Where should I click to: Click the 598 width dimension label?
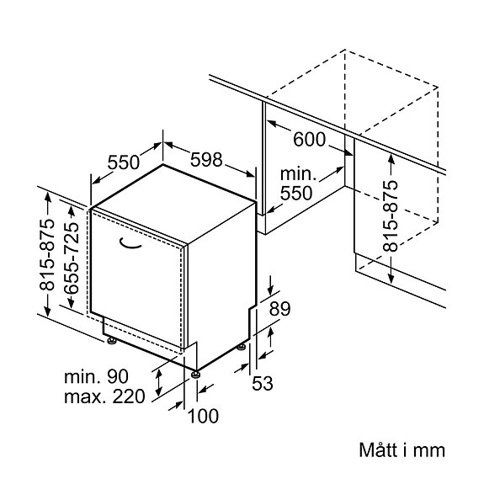tap(206, 160)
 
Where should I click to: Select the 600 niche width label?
tap(309, 139)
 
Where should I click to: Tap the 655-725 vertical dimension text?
tap(72, 258)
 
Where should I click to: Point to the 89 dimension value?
tap(279, 308)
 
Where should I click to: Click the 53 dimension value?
tap(263, 383)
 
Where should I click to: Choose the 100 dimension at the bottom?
tap(203, 416)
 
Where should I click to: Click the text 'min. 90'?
tap(96, 376)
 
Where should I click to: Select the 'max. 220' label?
tap(104, 396)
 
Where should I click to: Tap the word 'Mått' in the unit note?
tap(378, 450)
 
